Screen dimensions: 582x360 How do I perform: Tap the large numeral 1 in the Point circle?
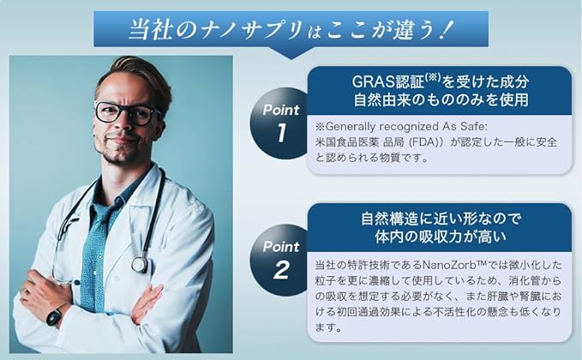(282, 133)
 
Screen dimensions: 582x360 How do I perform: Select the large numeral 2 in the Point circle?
(281, 270)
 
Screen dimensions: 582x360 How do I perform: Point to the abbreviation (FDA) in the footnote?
(424, 142)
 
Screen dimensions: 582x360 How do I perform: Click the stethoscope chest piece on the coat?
(140, 265)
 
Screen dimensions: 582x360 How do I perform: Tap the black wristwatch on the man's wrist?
(54, 317)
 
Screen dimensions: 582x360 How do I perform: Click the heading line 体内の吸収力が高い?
(441, 237)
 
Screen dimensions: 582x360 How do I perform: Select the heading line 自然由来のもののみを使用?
(441, 99)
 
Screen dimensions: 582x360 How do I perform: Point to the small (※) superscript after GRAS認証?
(432, 77)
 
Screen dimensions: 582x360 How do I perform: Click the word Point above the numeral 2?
(281, 247)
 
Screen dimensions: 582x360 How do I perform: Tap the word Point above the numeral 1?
(281, 110)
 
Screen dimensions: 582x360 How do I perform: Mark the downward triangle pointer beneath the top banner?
(291, 52)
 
